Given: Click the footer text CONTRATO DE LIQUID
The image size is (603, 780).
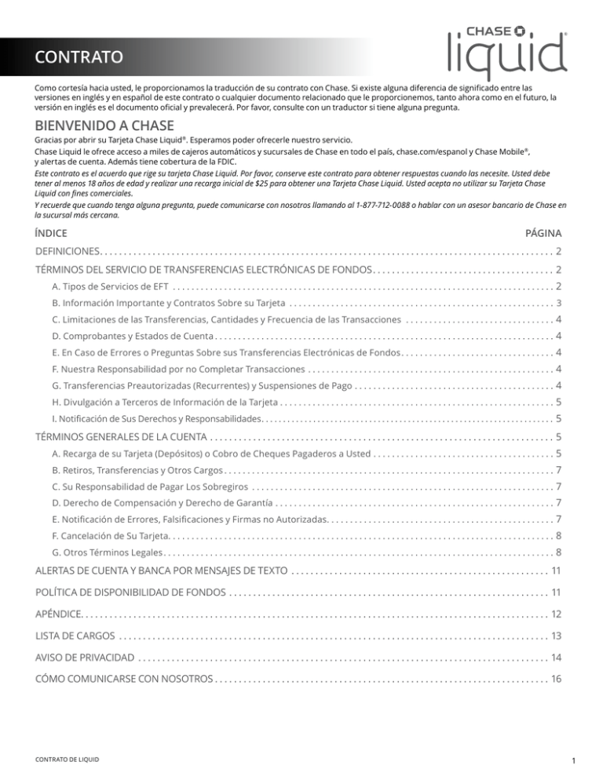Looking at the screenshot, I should click(68, 758).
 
